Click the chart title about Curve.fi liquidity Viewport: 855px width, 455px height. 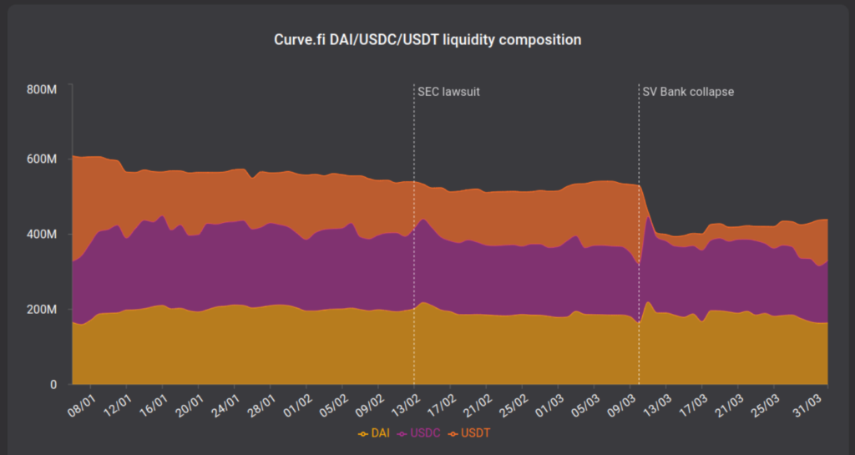tap(427, 39)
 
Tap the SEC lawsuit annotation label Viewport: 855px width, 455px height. tap(448, 91)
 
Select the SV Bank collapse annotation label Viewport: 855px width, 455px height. tap(688, 91)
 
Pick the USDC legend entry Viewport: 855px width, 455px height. tap(421, 433)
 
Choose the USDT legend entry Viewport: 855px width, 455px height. tap(473, 433)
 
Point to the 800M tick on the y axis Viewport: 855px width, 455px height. tap(41, 89)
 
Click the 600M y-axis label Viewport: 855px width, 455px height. tap(41, 159)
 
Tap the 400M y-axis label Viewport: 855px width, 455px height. tap(41, 234)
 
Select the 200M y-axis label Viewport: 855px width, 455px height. tap(41, 310)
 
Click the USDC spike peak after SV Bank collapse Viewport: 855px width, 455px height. tap(649, 217)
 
